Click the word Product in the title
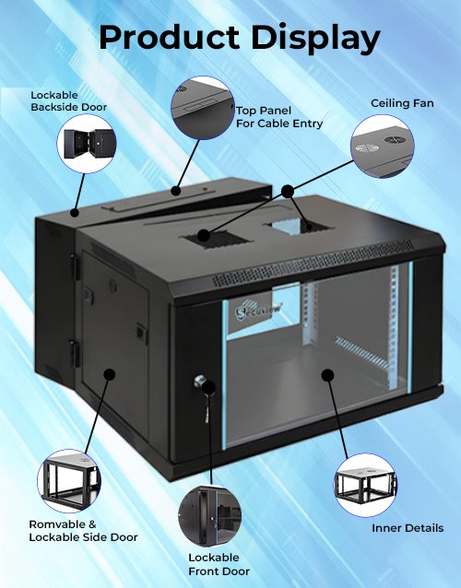(x=169, y=37)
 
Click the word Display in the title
(x=316, y=38)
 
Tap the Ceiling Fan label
(x=402, y=103)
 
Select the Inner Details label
(x=408, y=528)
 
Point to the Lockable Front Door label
(x=219, y=564)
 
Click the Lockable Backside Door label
(x=68, y=101)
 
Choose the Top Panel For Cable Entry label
(x=279, y=117)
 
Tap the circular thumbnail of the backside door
(x=87, y=144)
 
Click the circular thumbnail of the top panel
(x=203, y=108)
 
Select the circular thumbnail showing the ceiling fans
(x=383, y=147)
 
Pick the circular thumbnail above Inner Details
(x=365, y=485)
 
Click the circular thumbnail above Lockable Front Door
(x=209, y=516)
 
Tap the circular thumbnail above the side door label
(x=68, y=481)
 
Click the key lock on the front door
(x=200, y=382)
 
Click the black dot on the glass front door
(x=327, y=375)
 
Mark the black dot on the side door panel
(x=109, y=374)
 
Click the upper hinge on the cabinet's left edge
(x=75, y=267)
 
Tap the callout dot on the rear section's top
(x=75, y=213)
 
